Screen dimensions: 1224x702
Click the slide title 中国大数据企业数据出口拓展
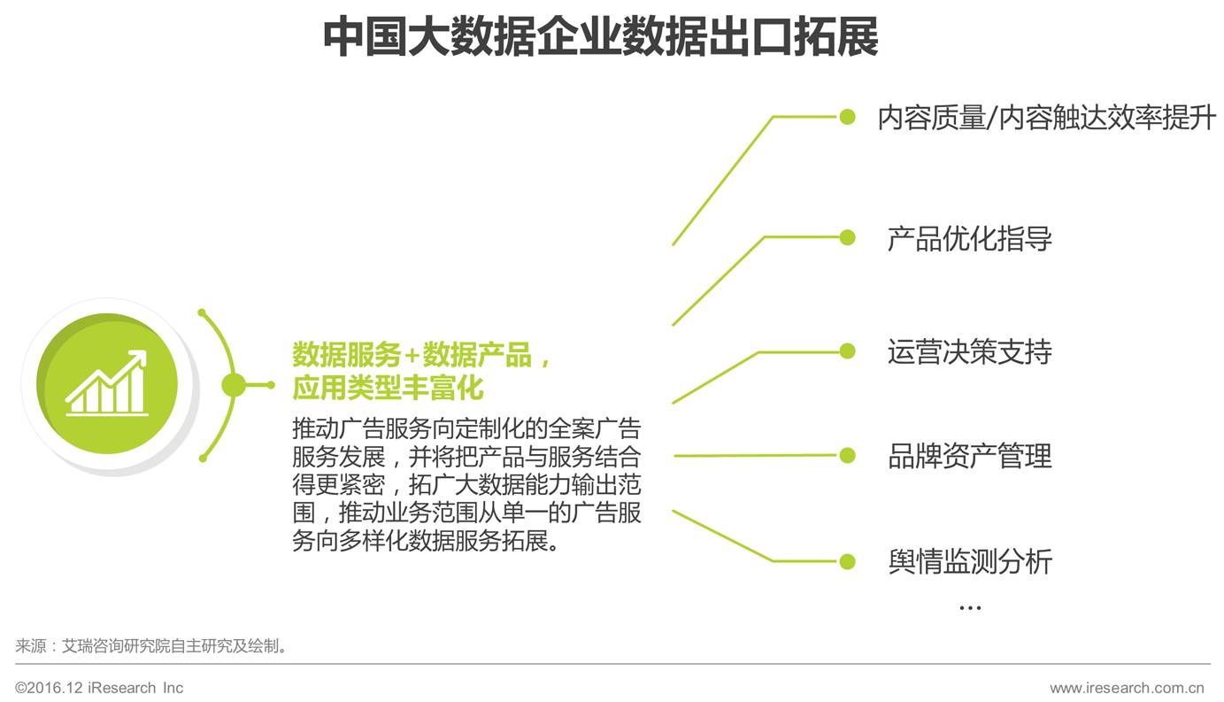coord(600,37)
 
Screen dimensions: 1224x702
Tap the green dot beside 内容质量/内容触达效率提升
coord(847,117)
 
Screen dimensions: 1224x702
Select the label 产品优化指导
coord(969,238)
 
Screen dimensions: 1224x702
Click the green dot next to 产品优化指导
coord(847,237)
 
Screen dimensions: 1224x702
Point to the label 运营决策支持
coord(969,351)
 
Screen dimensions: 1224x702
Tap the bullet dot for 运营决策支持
coord(847,351)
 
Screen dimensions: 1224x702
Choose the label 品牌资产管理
coord(969,456)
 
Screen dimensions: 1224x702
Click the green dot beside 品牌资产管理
coord(847,456)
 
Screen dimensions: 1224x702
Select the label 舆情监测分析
coord(969,561)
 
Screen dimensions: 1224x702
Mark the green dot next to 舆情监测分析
coord(847,561)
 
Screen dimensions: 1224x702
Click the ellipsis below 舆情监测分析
coord(970,607)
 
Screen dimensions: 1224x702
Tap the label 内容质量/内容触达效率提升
coord(1046,117)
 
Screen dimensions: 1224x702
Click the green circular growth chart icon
coord(107,384)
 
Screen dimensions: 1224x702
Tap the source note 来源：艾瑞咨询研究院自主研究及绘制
coord(152,646)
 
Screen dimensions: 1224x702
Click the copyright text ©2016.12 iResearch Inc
coord(99,688)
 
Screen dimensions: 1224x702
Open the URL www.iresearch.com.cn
coord(1126,688)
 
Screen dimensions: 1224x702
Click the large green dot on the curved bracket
coord(234,385)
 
